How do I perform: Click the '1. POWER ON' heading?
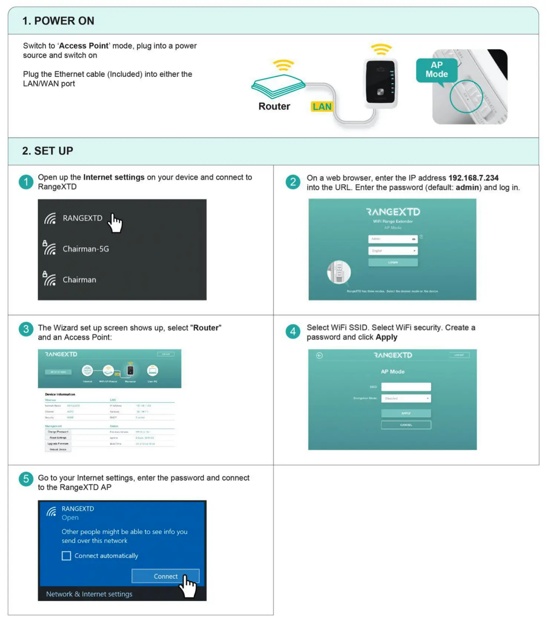click(x=58, y=21)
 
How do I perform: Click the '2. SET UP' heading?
click(x=48, y=151)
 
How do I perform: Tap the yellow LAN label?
click(x=322, y=107)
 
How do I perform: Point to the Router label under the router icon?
click(x=274, y=106)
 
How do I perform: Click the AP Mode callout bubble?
click(x=436, y=70)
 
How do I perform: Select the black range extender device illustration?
click(x=380, y=82)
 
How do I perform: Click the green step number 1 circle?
click(x=26, y=182)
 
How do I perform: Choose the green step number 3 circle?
click(x=26, y=329)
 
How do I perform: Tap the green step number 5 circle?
click(x=26, y=479)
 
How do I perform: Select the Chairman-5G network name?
click(x=86, y=249)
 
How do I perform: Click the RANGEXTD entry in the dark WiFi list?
click(x=82, y=218)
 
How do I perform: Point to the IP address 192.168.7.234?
click(x=473, y=178)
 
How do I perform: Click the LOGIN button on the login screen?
click(x=393, y=262)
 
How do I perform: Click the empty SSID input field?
click(x=406, y=387)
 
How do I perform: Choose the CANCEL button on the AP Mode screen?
click(x=406, y=425)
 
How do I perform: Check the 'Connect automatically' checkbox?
click(x=66, y=556)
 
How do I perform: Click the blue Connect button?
click(x=166, y=576)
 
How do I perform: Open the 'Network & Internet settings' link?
click(x=89, y=594)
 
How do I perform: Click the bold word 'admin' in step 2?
click(x=467, y=188)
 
